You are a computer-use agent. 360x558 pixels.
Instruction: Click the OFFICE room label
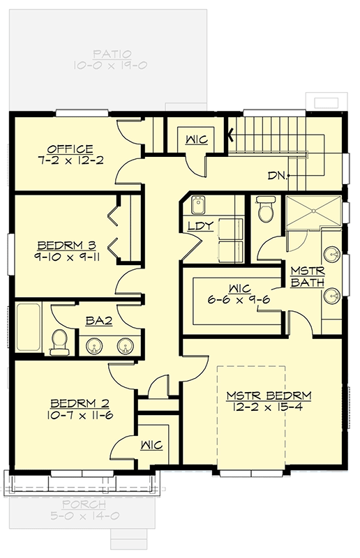point(70,149)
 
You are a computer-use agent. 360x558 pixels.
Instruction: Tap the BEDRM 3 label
point(66,246)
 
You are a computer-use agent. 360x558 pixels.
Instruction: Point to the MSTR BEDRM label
point(269,396)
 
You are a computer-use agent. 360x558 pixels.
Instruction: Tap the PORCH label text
point(83,504)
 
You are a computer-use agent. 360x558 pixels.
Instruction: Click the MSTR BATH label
point(304,276)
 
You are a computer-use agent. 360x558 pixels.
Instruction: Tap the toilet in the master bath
point(265,209)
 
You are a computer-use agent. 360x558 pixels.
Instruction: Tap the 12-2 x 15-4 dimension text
point(269,408)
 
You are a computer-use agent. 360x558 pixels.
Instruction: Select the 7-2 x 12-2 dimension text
point(70,160)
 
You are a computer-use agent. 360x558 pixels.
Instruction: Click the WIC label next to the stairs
point(195,139)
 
